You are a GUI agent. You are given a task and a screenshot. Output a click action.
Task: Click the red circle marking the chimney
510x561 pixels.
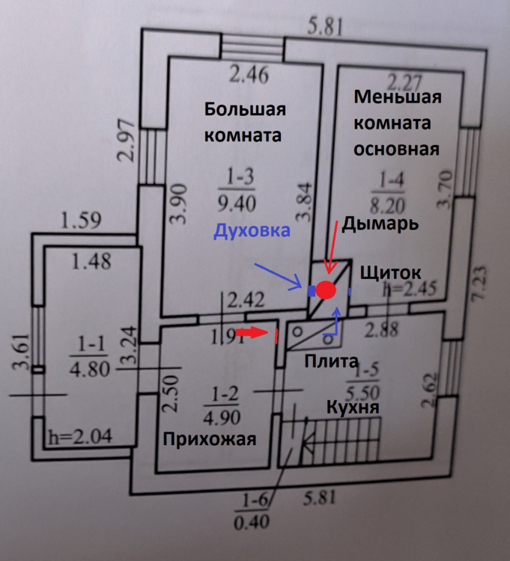(325, 289)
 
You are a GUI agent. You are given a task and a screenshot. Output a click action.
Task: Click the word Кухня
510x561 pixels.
(351, 408)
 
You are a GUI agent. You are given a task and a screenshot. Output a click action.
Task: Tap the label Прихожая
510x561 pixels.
(211, 438)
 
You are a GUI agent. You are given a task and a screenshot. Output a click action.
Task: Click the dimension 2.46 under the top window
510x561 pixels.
(249, 75)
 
